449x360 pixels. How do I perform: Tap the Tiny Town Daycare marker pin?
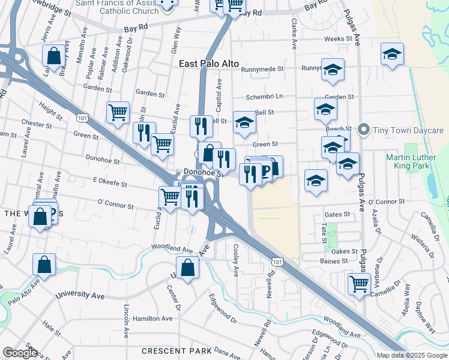[x=363, y=130]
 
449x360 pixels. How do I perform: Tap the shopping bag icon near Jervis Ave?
[x=53, y=56]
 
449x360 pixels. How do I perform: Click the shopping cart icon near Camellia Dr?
[x=358, y=283]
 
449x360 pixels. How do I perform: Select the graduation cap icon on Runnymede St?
[x=332, y=70]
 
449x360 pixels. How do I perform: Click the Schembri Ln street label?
[x=264, y=97]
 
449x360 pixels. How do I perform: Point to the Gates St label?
[x=337, y=214]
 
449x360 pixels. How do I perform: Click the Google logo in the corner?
[x=20, y=353]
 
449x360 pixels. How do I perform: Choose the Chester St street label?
[x=37, y=124]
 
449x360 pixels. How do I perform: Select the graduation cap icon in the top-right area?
[x=391, y=55]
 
